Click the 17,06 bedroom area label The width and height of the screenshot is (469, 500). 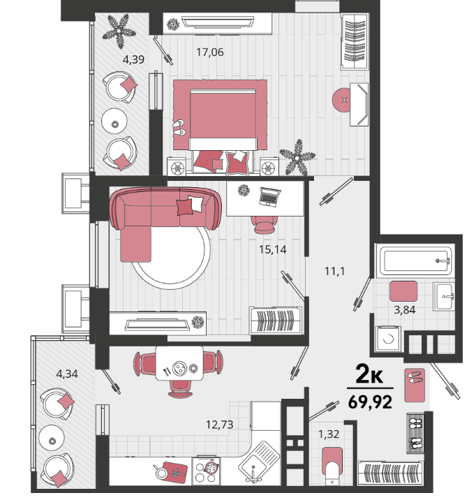pos(209,52)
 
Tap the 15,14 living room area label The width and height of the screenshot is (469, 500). pos(272,249)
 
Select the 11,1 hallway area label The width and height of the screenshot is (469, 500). pos(334,272)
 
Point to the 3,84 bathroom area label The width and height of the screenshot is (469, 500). pos(405,309)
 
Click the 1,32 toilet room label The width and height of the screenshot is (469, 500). pos(329,434)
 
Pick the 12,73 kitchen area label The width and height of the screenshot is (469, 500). pos(220,425)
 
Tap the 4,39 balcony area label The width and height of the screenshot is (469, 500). pos(133,59)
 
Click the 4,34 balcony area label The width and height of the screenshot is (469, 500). pos(67,374)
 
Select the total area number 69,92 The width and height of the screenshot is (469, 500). pos(370,402)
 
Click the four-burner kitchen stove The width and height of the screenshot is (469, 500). pos(206,471)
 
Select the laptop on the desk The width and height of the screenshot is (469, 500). pos(269,196)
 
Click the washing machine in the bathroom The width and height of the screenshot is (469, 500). pos(388,339)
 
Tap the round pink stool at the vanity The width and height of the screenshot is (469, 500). pos(343,100)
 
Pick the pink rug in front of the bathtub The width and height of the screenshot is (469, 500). pos(403,291)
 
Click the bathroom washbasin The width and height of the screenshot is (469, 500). pos(444,297)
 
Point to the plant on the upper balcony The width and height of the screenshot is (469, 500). pos(119,31)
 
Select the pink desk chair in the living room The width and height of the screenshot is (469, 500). pos(265,224)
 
